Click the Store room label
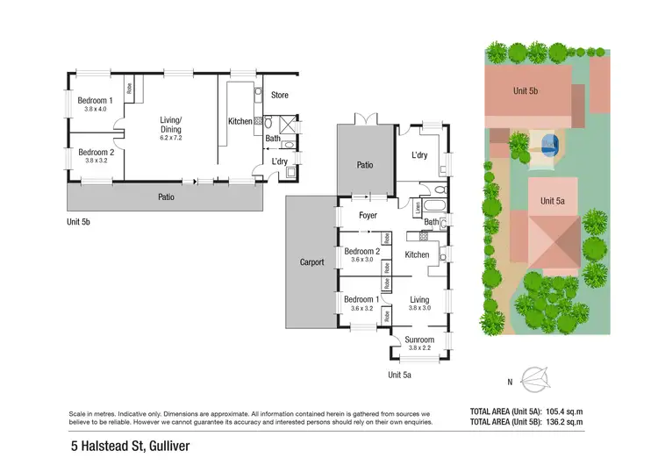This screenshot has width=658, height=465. [280, 95]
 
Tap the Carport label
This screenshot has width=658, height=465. [311, 262]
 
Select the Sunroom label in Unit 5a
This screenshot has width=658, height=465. [419, 339]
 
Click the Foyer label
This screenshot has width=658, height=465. [368, 216]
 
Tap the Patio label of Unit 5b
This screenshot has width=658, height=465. [166, 197]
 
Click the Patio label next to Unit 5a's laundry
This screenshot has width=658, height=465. [364, 164]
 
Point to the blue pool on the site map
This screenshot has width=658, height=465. [549, 143]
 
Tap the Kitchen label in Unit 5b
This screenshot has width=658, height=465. [240, 121]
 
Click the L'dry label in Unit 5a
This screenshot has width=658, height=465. [420, 155]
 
